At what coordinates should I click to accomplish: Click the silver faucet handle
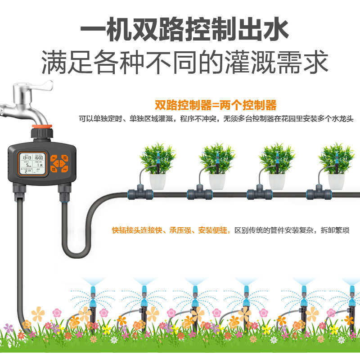(43, 86)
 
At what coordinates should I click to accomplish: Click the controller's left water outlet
(20, 194)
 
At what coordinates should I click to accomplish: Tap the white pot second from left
(217, 181)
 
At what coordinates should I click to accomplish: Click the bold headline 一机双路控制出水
(184, 30)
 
